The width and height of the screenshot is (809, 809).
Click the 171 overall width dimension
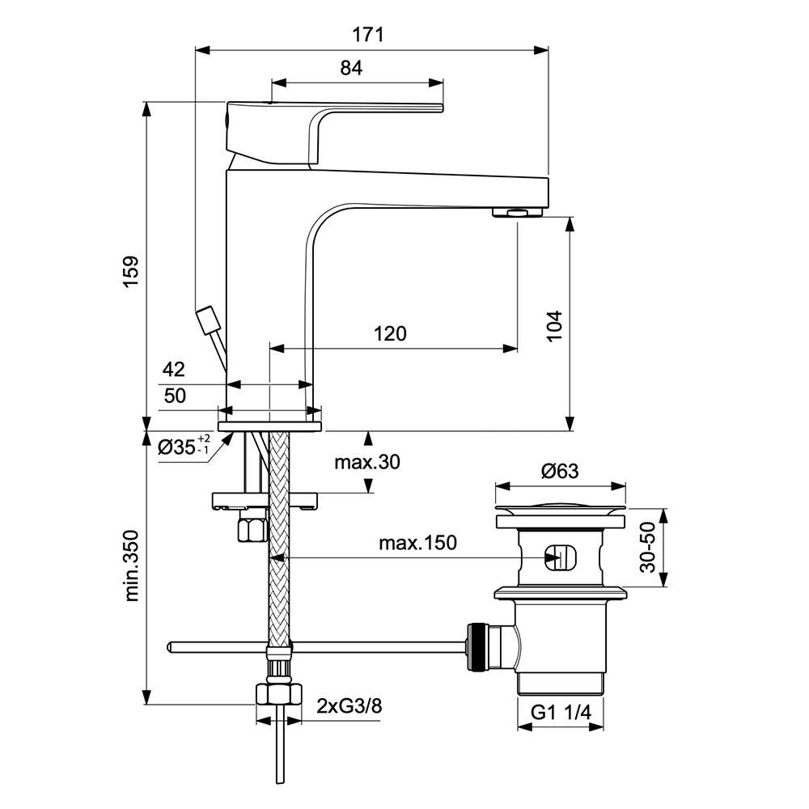pos(368,35)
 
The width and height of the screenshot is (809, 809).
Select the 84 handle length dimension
pos(351,68)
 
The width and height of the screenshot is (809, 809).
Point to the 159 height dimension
pos(131,272)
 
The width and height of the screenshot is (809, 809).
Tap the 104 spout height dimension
pos(554,325)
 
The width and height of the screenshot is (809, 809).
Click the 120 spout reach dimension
pos(390,334)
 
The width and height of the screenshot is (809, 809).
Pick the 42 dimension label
pos(173,370)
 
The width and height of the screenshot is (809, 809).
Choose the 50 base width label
pos(175,396)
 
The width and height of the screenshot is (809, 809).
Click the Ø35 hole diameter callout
pos(184,446)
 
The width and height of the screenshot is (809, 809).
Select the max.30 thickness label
pos(367,462)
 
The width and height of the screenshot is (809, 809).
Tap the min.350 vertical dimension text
pos(132,565)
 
